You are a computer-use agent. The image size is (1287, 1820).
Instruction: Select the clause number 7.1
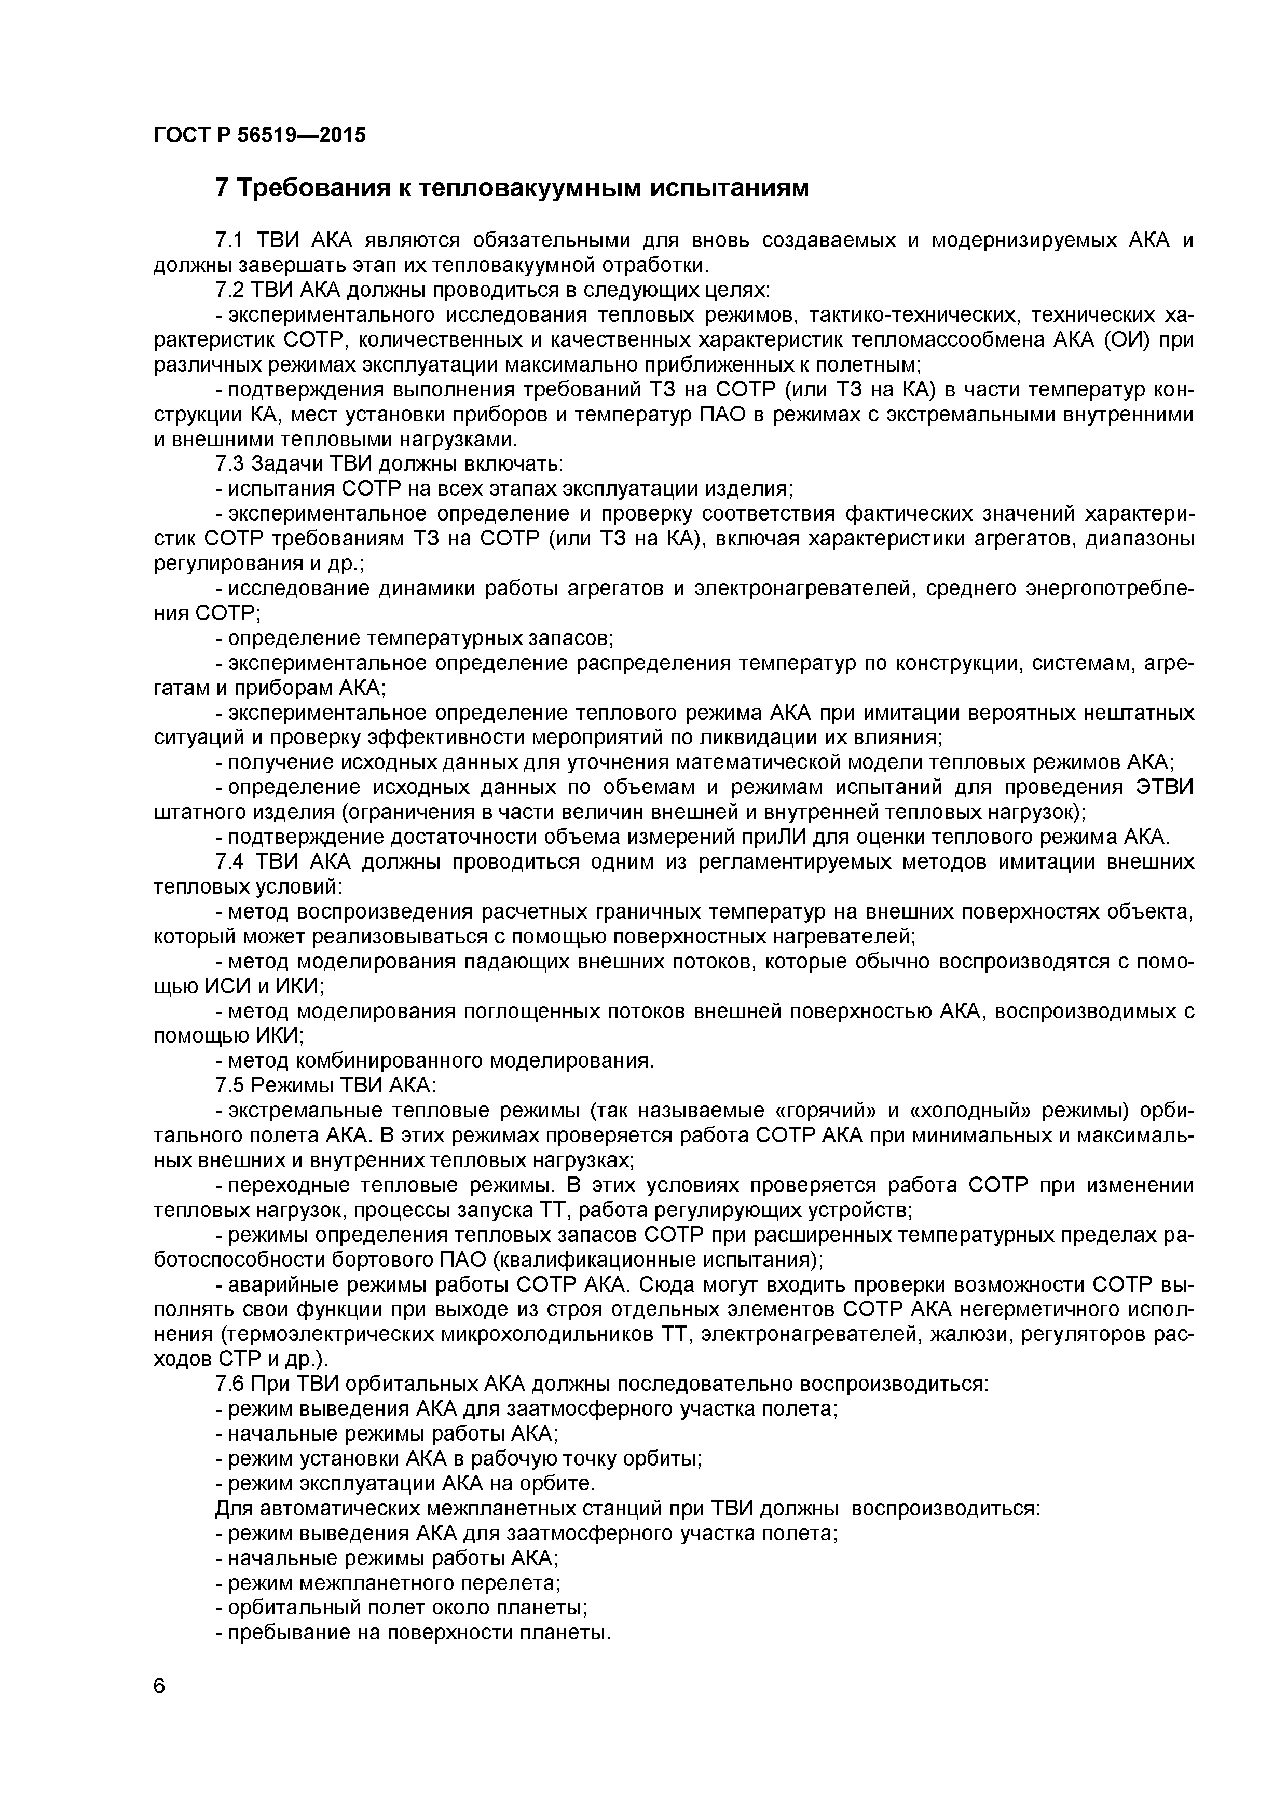click(x=231, y=240)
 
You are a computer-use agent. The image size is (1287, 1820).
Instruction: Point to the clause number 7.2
click(x=231, y=290)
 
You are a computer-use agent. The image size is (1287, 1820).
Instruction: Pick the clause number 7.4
click(x=231, y=861)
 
